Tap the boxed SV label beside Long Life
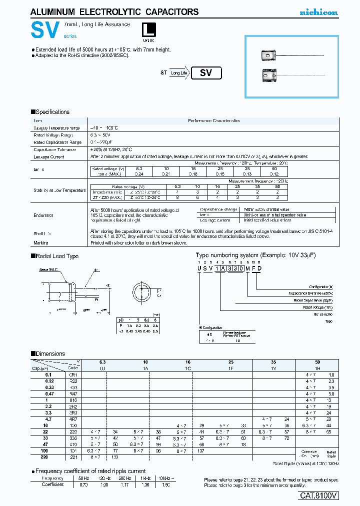coord(206,73)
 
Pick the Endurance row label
coord(43,215)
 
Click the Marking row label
coord(41,242)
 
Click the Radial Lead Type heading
coord(55,256)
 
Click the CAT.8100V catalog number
coord(318,495)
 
